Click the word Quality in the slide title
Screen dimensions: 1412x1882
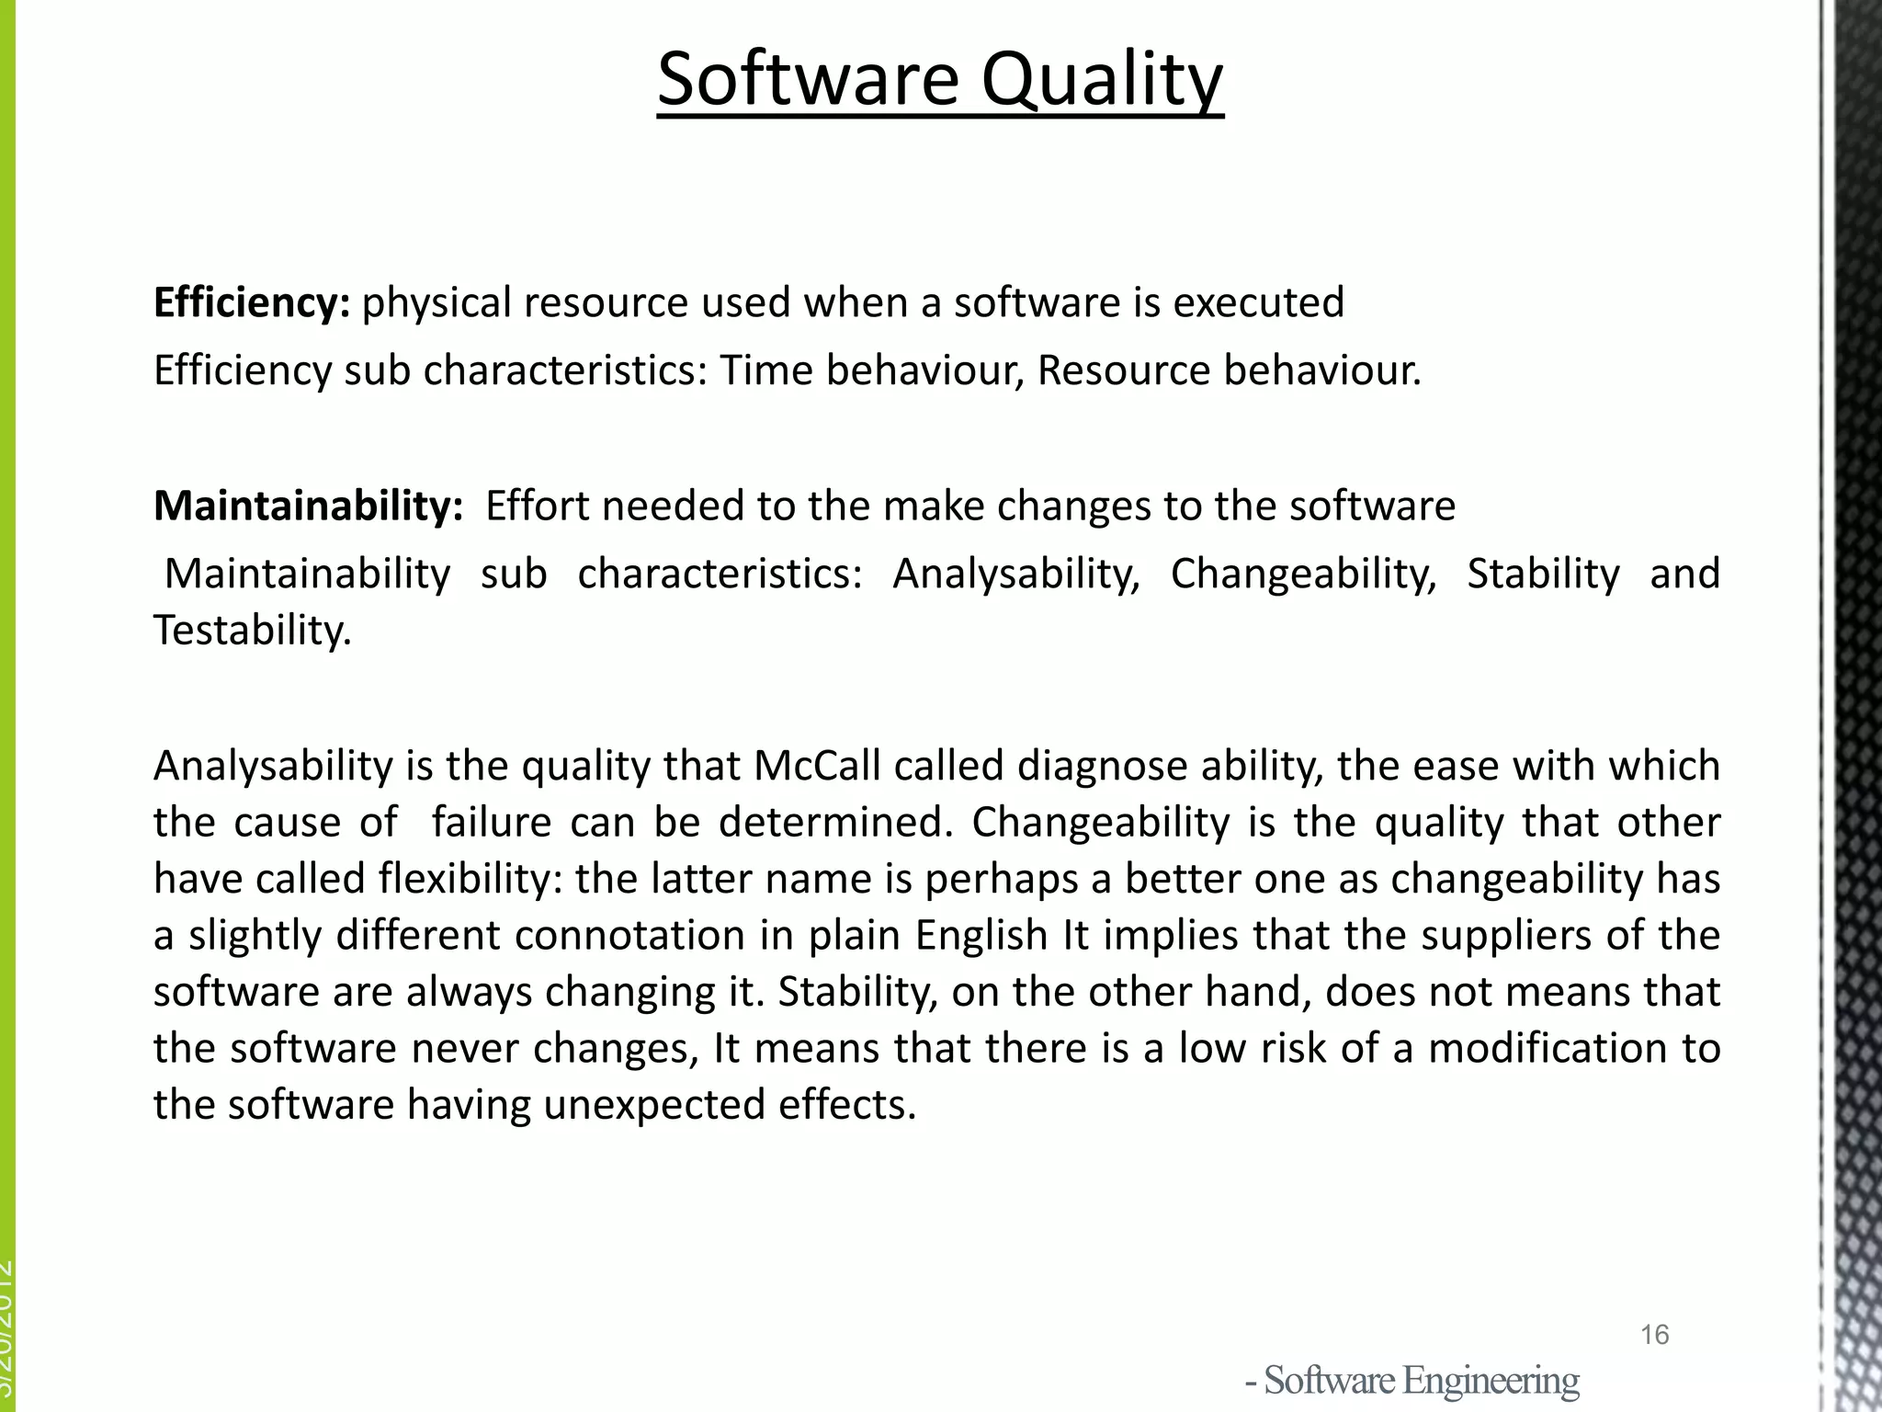tap(1102, 81)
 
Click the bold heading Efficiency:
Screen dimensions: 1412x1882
tap(251, 302)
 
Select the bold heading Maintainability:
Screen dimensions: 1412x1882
tap(308, 506)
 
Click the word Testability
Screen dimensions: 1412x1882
tap(252, 631)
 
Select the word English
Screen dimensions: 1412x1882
tap(981, 935)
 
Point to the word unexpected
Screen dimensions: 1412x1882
tap(653, 1104)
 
